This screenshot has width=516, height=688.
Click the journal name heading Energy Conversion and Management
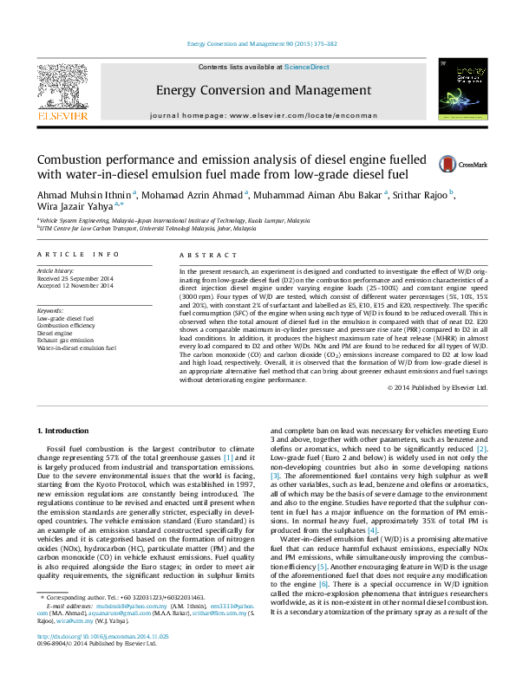(x=257, y=90)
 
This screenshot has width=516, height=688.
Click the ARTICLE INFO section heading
(x=77, y=255)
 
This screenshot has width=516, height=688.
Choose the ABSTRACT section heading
(x=204, y=255)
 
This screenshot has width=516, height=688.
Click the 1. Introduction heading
(x=66, y=431)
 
